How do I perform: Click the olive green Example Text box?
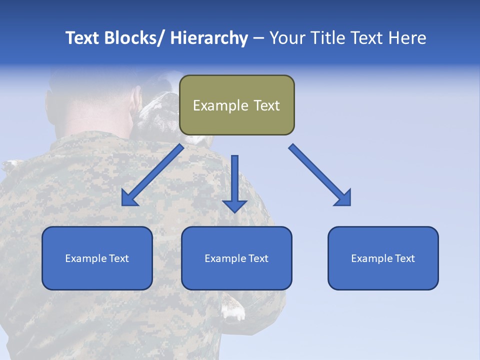[236, 105]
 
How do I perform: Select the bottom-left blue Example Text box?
[97, 258]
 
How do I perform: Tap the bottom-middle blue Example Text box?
[236, 258]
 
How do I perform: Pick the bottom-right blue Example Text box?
[383, 258]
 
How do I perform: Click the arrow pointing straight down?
[234, 183]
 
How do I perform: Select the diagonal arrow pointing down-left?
[152, 175]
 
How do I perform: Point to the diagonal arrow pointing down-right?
[320, 175]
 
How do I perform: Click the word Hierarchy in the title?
[209, 38]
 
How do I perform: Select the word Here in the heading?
[408, 38]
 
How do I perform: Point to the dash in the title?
[258, 38]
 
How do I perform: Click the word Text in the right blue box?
[403, 258]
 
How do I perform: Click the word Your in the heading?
[286, 38]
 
